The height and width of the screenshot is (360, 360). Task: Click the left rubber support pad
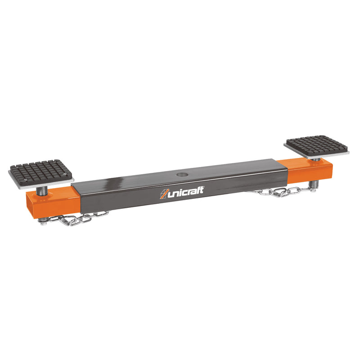40,171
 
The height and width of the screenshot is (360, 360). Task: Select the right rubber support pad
316,145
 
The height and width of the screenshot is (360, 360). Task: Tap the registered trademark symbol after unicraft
204,187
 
